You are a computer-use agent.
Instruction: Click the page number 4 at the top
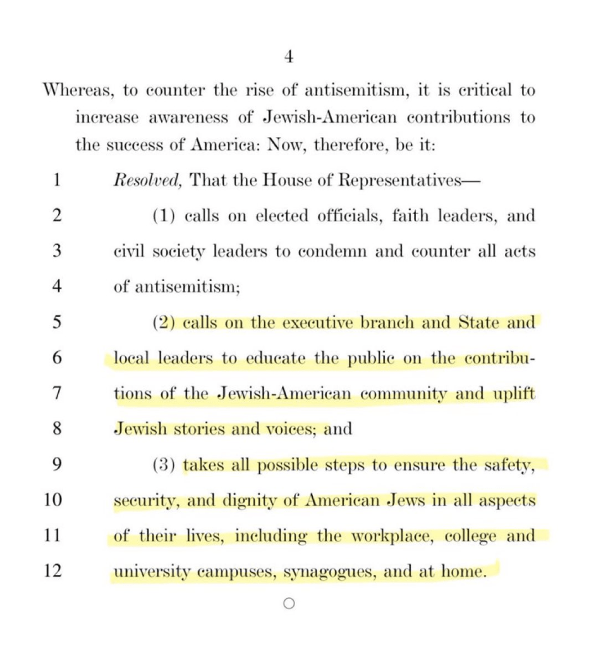(288, 57)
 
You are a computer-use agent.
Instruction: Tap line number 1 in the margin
(56, 180)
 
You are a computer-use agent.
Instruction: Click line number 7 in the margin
(56, 394)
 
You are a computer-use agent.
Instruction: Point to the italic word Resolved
(148, 180)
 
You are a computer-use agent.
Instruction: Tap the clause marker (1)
(164, 216)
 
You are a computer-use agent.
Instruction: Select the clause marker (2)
(164, 323)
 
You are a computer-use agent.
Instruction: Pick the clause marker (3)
(164, 466)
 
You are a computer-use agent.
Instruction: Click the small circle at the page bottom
(289, 603)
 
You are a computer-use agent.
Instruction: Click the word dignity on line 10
(249, 501)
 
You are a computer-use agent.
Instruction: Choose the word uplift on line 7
(513, 394)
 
